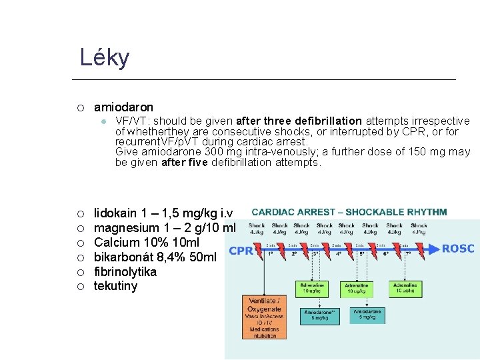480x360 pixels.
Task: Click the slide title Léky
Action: (x=105, y=58)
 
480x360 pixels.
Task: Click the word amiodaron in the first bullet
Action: (x=123, y=107)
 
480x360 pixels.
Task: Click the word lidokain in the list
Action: (x=115, y=213)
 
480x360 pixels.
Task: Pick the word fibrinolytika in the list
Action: (x=125, y=272)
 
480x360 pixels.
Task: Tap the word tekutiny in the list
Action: (x=115, y=287)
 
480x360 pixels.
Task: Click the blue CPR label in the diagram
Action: (x=240, y=251)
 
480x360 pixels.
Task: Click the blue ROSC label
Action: (x=458, y=249)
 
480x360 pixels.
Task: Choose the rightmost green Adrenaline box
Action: (x=404, y=288)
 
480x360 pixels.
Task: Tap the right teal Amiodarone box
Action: (x=367, y=315)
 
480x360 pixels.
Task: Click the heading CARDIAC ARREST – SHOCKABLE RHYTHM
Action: (x=349, y=212)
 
